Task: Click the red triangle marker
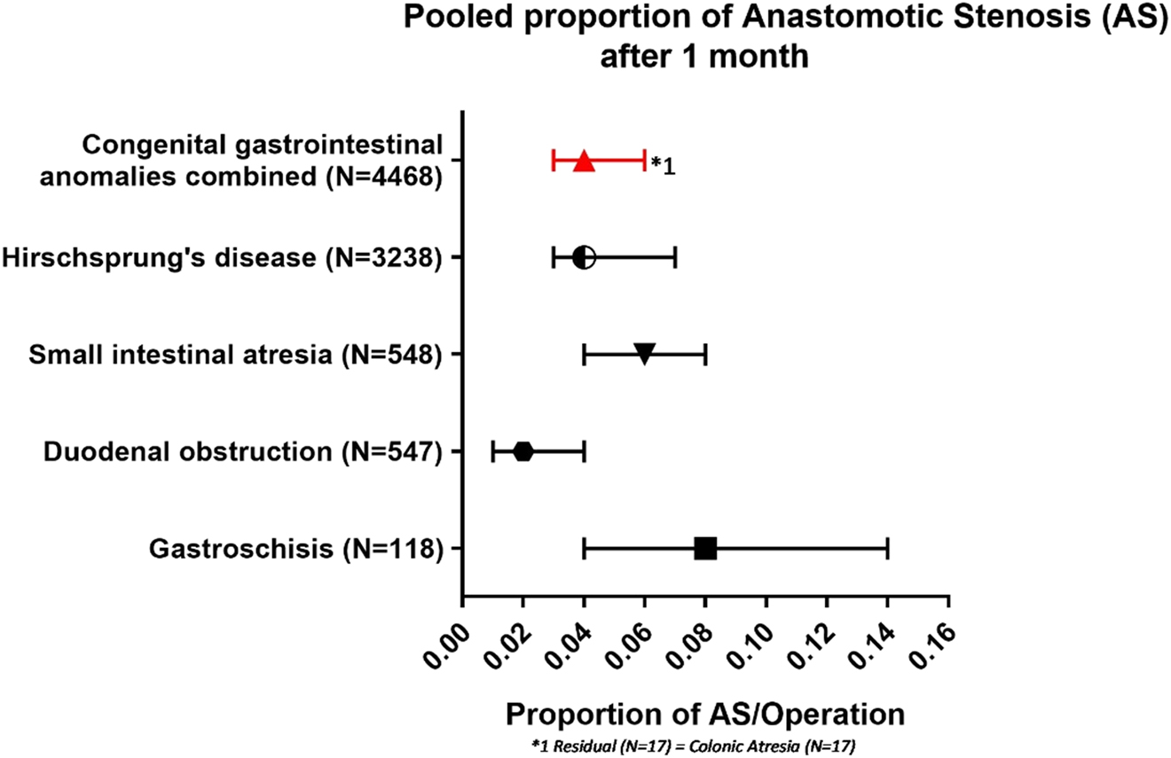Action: pyautogui.click(x=584, y=160)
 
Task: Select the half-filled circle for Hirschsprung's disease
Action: pyautogui.click(x=584, y=258)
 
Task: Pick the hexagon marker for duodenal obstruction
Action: pyautogui.click(x=523, y=451)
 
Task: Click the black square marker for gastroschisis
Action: pyautogui.click(x=705, y=549)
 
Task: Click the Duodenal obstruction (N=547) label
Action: pyautogui.click(x=242, y=452)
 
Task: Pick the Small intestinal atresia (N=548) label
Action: pyautogui.click(x=235, y=355)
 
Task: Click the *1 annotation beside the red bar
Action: pyautogui.click(x=664, y=165)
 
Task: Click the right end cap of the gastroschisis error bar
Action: pyautogui.click(x=887, y=549)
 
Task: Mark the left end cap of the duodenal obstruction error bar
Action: pyautogui.click(x=493, y=451)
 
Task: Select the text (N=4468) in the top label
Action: pyautogui.click(x=381, y=176)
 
